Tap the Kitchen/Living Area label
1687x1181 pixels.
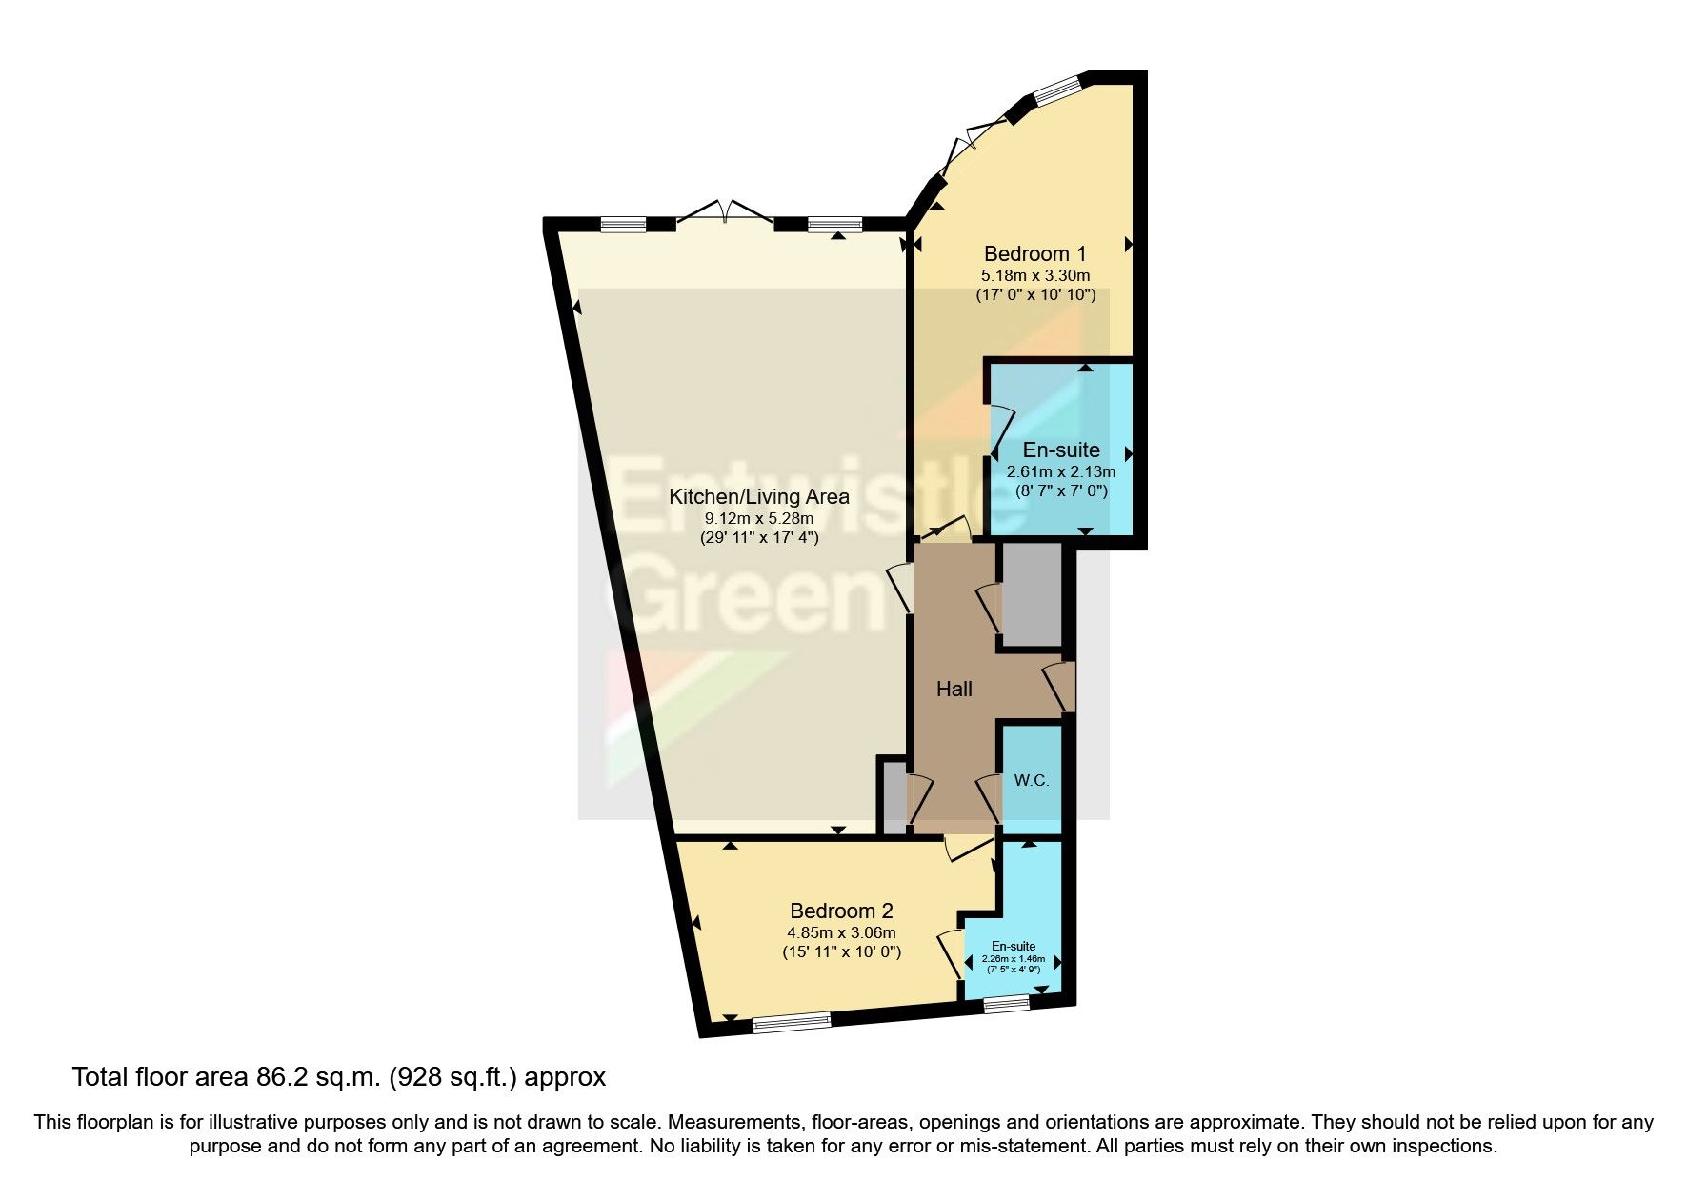coord(758,496)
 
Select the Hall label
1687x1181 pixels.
coord(954,689)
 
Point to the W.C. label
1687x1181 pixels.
coord(1031,781)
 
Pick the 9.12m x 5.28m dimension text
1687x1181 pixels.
coord(758,519)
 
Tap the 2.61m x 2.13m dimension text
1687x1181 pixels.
coord(1061,471)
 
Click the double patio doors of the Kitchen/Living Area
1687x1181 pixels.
coord(725,213)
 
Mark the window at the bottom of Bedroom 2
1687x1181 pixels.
coord(791,1022)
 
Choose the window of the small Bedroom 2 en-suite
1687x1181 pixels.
coord(1006,1003)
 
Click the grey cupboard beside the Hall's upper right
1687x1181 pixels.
coord(1032,595)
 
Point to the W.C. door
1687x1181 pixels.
coord(991,798)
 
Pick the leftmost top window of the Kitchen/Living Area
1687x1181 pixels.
coord(623,225)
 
